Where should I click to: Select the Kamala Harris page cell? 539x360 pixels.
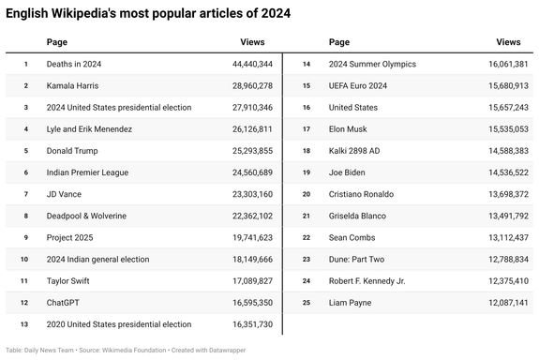click(x=74, y=85)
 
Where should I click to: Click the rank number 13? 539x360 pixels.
click(x=25, y=323)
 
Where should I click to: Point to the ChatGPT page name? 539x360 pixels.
click(x=63, y=302)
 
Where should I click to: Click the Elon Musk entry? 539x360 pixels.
click(x=350, y=128)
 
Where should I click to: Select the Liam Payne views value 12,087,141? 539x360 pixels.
click(x=502, y=302)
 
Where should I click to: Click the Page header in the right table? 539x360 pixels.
click(x=339, y=42)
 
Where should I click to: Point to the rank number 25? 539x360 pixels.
click(x=306, y=302)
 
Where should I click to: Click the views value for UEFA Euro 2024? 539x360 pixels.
click(x=502, y=85)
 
